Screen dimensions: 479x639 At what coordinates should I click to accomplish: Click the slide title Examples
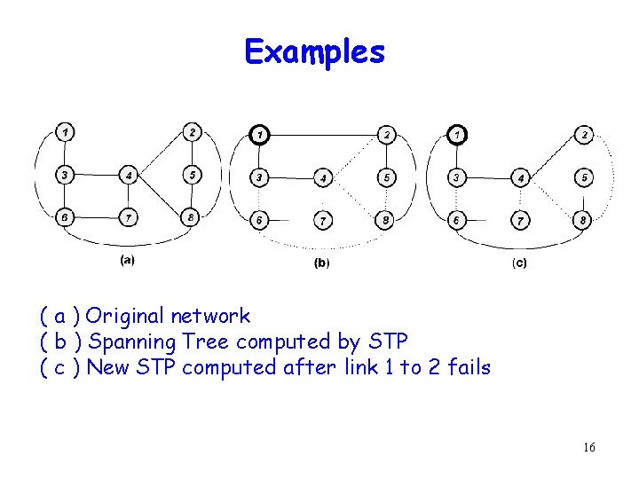click(x=315, y=52)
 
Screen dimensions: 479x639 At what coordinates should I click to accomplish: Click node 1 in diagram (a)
click(x=64, y=133)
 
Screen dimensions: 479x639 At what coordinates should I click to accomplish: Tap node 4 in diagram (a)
click(x=130, y=175)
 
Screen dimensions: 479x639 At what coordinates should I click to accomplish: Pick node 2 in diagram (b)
click(x=386, y=135)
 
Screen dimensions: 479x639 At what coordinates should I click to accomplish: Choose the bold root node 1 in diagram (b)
click(x=258, y=135)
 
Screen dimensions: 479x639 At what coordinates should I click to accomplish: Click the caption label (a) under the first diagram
click(x=127, y=260)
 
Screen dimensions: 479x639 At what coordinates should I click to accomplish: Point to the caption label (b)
click(x=321, y=263)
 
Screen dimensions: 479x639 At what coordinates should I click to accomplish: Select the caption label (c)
click(x=518, y=263)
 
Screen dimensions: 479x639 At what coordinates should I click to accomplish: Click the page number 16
click(x=589, y=448)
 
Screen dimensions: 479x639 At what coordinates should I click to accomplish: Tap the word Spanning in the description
click(x=132, y=342)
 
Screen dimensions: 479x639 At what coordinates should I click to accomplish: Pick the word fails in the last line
click(x=469, y=367)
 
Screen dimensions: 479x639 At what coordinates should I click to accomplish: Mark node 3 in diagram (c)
click(x=456, y=177)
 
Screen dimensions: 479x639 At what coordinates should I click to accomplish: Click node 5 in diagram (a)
click(x=192, y=174)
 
